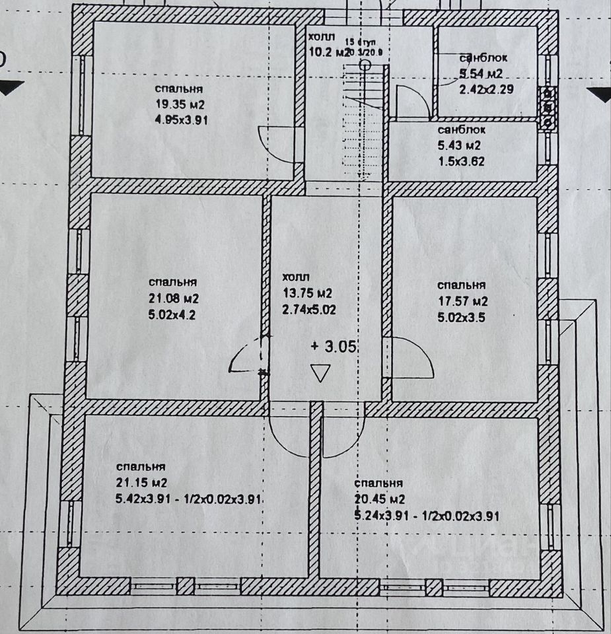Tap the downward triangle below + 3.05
click(321, 373)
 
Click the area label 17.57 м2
click(462, 301)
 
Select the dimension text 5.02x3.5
click(462, 317)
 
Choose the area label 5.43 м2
click(459, 145)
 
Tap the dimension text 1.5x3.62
click(461, 160)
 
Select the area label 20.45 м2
click(379, 499)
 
